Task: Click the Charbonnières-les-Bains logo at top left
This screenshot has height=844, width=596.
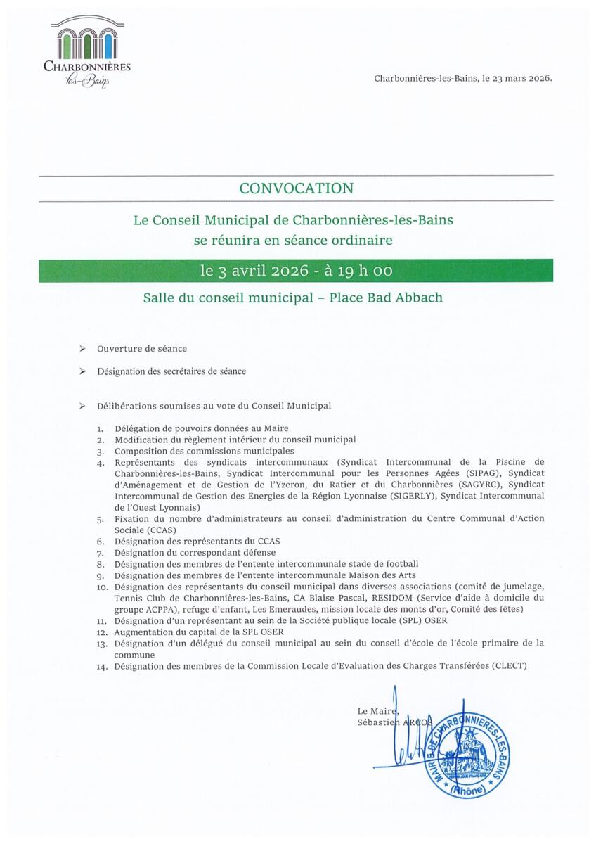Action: coord(86,53)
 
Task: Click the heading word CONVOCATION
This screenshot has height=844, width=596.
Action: coord(296,188)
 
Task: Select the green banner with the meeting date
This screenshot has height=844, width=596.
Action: coord(296,271)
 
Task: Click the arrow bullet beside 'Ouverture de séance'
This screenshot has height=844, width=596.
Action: coord(83,349)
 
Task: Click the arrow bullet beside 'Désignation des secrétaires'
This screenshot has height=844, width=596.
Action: coord(83,371)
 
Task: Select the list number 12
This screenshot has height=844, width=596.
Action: coord(101,632)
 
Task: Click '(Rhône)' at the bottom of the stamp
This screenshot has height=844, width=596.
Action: coord(467,790)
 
